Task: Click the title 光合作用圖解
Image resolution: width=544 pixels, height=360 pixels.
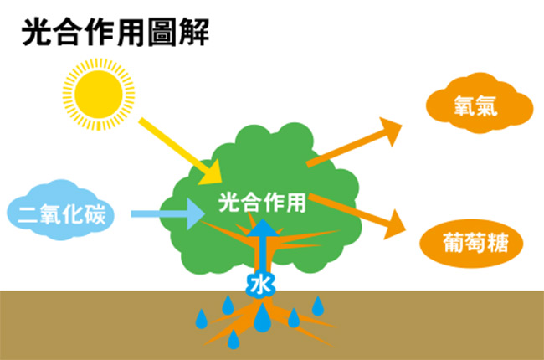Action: pyautogui.click(x=115, y=33)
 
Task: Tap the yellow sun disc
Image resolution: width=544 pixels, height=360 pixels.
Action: pyautogui.click(x=99, y=95)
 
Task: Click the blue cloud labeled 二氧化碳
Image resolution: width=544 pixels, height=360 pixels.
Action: pyautogui.click(x=61, y=210)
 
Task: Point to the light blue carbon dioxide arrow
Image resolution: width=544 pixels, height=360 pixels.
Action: pyautogui.click(x=167, y=213)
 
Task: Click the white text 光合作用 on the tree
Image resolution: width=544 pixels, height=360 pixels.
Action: pyautogui.click(x=262, y=203)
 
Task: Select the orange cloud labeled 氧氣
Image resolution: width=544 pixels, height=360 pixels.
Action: pyautogui.click(x=480, y=103)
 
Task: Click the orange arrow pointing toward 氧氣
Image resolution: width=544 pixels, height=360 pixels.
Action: pyautogui.click(x=354, y=142)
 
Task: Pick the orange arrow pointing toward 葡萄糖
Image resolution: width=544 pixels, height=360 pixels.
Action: pyautogui.click(x=357, y=216)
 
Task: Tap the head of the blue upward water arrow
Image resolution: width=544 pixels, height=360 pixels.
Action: pyautogui.click(x=263, y=228)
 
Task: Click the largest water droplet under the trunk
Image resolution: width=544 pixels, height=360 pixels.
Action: pyautogui.click(x=262, y=317)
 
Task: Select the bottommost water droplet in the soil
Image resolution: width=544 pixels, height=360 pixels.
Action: pyautogui.click(x=234, y=339)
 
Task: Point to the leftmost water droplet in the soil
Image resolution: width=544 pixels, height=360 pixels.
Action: pyautogui.click(x=202, y=319)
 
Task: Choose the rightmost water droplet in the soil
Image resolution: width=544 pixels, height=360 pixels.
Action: pyautogui.click(x=318, y=306)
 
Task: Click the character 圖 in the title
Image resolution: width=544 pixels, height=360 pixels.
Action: pyautogui.click(x=162, y=33)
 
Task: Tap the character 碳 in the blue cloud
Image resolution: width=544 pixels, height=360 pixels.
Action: pyautogui.click(x=97, y=213)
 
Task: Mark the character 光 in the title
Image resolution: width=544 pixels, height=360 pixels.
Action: pyautogui.click(x=36, y=33)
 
